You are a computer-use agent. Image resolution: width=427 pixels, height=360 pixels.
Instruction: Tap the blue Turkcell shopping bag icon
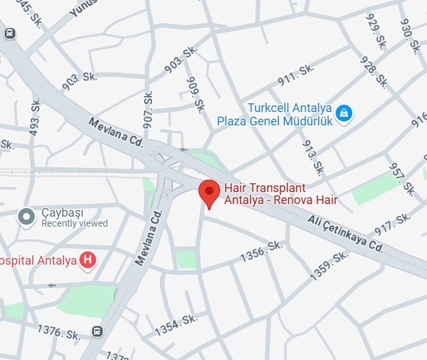(344, 113)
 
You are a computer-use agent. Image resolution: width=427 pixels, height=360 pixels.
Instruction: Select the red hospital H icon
(87, 260)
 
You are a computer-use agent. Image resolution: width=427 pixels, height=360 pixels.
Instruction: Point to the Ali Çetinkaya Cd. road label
(345, 233)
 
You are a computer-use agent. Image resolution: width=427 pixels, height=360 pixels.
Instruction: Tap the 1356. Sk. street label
(262, 251)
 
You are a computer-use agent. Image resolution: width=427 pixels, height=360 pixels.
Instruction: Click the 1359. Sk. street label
(329, 265)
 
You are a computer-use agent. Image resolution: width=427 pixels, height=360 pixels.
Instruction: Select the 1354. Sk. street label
(176, 325)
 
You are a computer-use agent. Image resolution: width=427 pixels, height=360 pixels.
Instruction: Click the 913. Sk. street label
(313, 157)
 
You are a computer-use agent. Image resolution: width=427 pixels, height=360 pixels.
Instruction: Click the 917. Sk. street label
(393, 223)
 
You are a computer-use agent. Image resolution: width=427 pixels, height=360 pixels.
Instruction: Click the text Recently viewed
(74, 224)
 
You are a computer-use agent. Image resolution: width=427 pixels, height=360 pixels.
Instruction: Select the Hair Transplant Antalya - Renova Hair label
(280, 194)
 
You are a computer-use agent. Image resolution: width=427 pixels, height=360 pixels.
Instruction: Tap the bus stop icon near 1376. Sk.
(97, 331)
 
